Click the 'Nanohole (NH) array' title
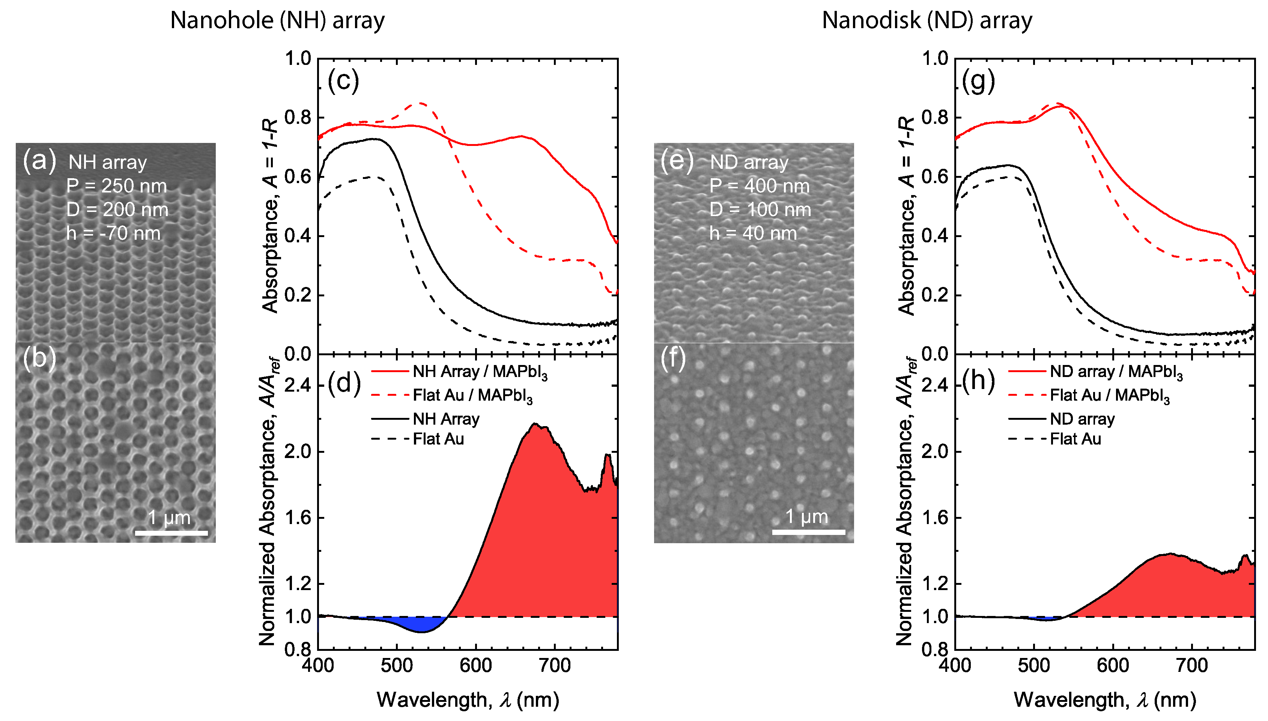[x=277, y=21]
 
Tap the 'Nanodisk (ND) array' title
[x=927, y=21]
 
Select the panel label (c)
[x=343, y=81]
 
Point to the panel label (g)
[x=978, y=81]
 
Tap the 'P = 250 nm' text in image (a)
[x=117, y=186]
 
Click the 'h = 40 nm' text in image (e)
[x=753, y=233]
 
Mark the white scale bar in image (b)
[x=171, y=533]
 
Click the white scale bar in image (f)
[x=808, y=532]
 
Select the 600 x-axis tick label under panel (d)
[x=475, y=665]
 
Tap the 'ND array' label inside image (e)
[x=749, y=162]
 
